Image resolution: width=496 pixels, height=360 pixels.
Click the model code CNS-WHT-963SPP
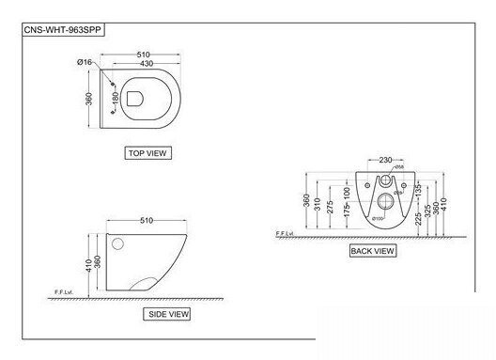(61, 29)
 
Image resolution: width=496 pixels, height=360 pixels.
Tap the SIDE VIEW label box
(168, 313)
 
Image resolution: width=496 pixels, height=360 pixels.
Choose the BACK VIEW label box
(373, 251)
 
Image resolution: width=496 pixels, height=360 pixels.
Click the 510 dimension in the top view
(141, 54)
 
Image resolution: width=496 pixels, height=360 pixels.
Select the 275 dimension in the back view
(332, 207)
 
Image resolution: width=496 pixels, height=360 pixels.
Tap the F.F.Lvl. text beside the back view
(286, 232)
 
